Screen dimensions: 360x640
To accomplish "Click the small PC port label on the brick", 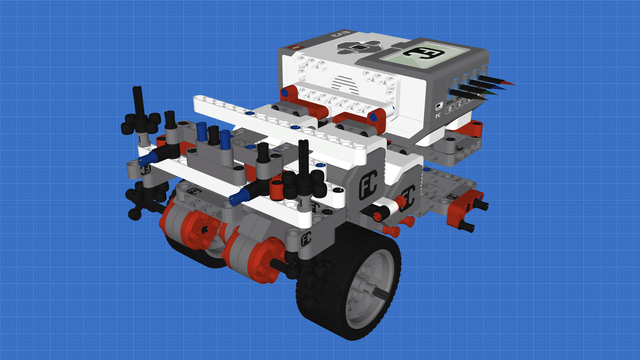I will point(439,103).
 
